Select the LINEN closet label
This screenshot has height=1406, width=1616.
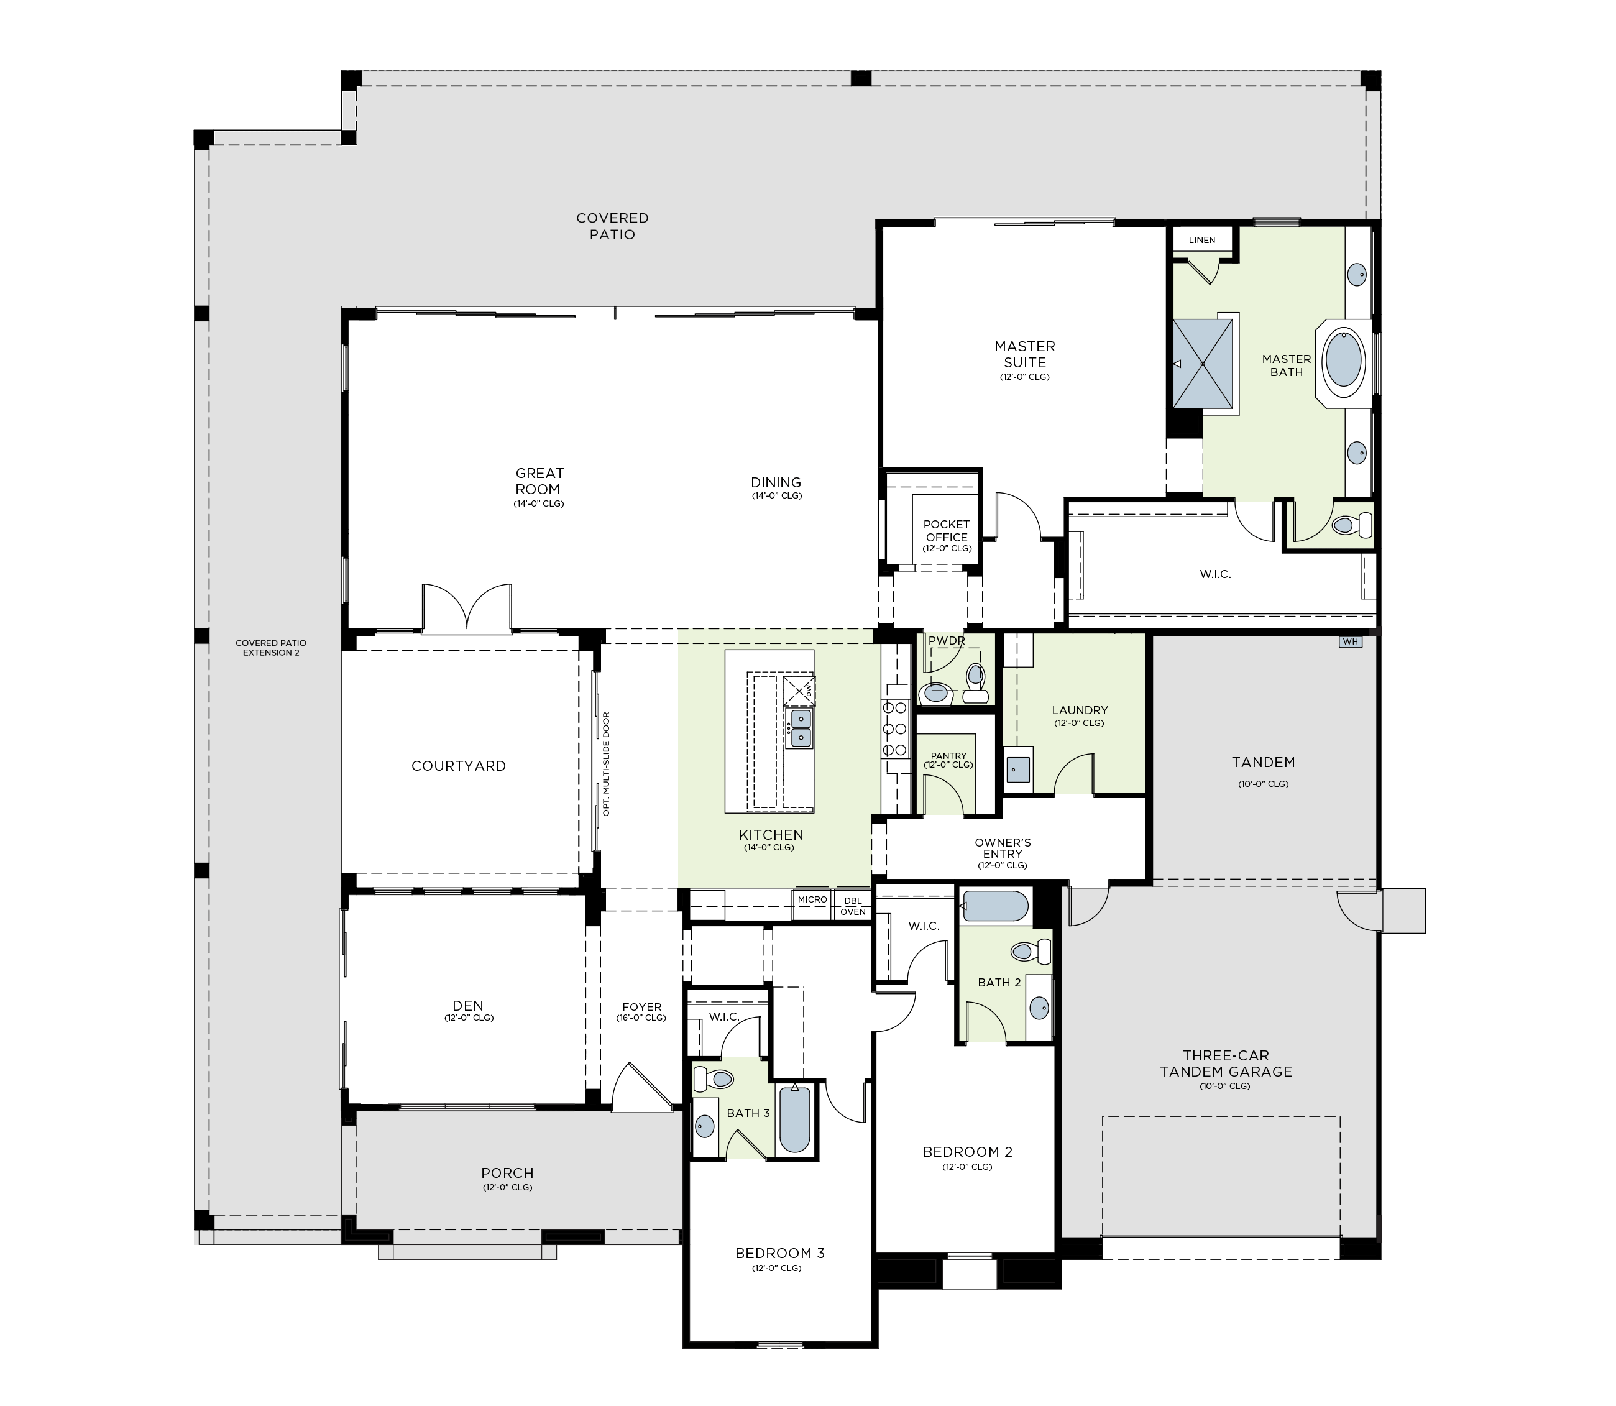(1202, 240)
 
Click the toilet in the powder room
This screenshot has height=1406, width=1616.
(975, 681)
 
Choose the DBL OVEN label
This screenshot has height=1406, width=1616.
(853, 906)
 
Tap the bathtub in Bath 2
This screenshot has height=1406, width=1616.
(994, 906)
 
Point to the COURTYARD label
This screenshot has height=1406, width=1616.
(459, 766)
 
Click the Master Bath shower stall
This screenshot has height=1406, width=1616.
(1203, 364)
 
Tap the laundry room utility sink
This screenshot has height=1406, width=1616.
(1017, 770)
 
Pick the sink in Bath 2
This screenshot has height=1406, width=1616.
(1039, 1008)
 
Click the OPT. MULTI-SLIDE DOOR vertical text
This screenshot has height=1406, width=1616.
(607, 763)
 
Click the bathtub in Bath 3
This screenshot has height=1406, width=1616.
(795, 1119)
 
